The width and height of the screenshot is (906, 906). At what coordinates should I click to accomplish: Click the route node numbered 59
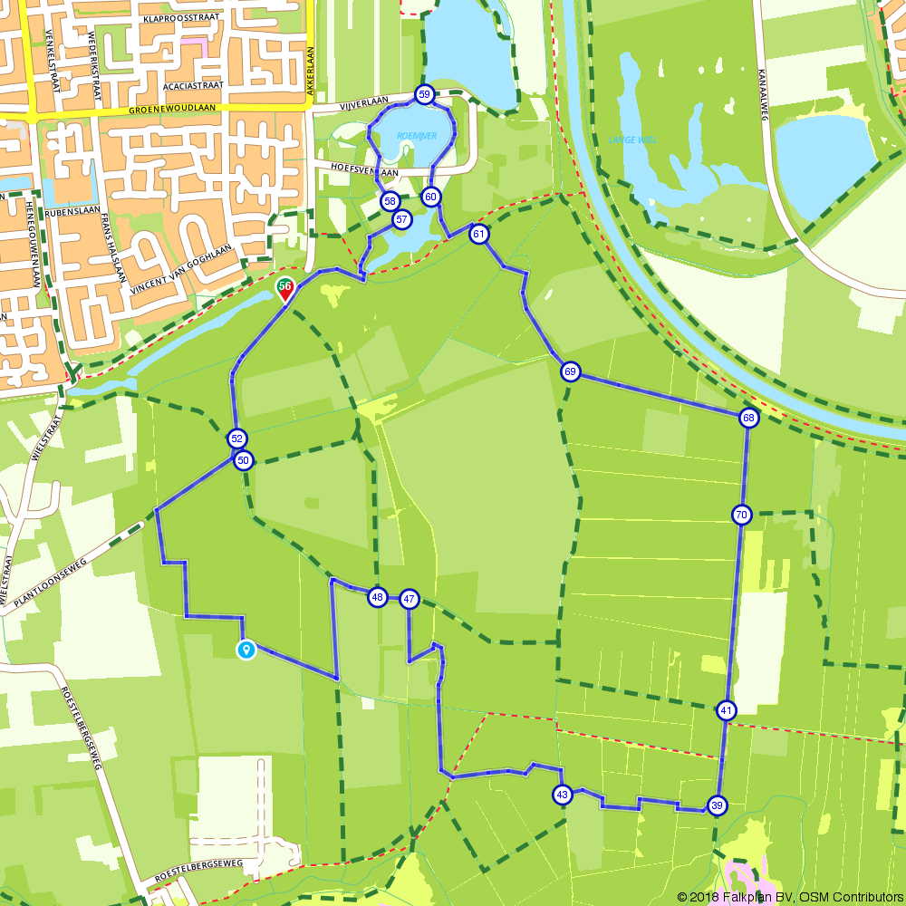pyautogui.click(x=424, y=93)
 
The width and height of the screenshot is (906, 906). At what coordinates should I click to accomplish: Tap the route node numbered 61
pyautogui.click(x=479, y=234)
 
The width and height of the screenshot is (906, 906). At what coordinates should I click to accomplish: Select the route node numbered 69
pyautogui.click(x=569, y=371)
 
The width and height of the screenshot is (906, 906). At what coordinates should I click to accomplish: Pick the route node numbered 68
pyautogui.click(x=747, y=418)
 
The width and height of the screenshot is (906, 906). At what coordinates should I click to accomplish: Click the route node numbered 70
pyautogui.click(x=741, y=515)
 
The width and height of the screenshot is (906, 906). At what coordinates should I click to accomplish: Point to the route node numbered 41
pyautogui.click(x=726, y=710)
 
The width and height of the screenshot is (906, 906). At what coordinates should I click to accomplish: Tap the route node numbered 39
pyautogui.click(x=717, y=805)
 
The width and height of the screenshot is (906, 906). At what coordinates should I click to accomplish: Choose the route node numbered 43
pyautogui.click(x=562, y=795)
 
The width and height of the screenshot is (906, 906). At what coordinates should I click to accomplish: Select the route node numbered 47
pyautogui.click(x=410, y=598)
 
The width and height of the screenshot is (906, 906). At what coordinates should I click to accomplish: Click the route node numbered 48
pyautogui.click(x=377, y=597)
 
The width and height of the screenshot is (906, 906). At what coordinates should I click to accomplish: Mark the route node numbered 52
pyautogui.click(x=236, y=439)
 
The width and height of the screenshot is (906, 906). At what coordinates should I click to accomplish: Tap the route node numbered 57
pyautogui.click(x=401, y=219)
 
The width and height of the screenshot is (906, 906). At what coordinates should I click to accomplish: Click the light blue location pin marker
pyautogui.click(x=246, y=649)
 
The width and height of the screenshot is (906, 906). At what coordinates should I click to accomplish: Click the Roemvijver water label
pyautogui.click(x=416, y=135)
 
